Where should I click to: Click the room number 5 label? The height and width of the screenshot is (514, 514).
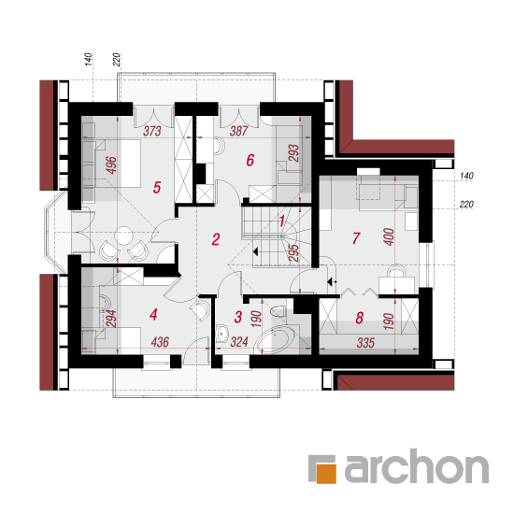click(x=157, y=188)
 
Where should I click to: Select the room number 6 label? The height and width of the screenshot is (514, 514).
click(x=250, y=160)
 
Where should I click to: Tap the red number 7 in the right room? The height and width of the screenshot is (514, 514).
click(x=356, y=238)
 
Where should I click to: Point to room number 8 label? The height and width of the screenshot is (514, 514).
click(x=359, y=318)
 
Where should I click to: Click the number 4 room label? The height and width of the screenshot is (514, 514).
click(x=153, y=314)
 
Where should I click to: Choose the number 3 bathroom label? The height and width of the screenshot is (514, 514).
click(x=238, y=317)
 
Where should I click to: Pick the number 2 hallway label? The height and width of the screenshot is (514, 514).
click(x=215, y=239)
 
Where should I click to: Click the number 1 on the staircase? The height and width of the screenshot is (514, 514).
click(x=281, y=221)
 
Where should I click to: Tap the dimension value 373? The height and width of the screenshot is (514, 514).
click(x=152, y=131)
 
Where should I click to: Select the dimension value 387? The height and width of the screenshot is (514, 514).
click(x=238, y=131)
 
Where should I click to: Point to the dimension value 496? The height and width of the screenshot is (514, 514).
click(x=111, y=165)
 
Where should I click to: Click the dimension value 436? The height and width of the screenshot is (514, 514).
click(x=160, y=342)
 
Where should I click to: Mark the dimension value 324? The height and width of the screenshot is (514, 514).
click(x=239, y=342)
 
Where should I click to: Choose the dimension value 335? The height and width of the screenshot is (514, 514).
click(x=365, y=343)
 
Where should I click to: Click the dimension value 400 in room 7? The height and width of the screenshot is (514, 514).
click(x=389, y=236)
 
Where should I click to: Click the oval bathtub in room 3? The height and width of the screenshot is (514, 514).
click(x=276, y=340)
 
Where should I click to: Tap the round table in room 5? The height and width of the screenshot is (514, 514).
click(x=123, y=236)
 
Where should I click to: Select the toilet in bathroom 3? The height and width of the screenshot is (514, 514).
click(x=278, y=311)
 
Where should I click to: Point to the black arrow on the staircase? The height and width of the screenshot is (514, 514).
click(x=256, y=251)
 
